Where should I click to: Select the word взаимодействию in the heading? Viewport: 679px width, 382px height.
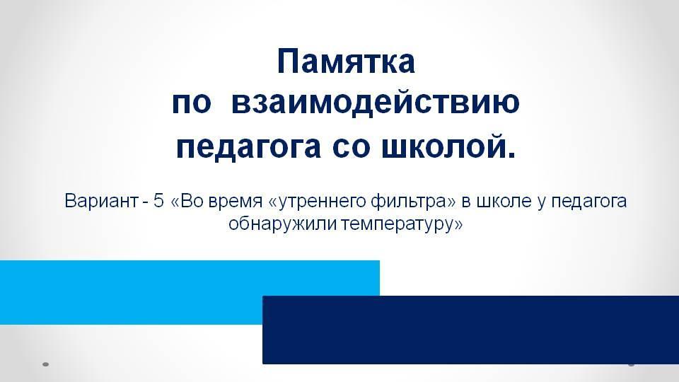click(376, 103)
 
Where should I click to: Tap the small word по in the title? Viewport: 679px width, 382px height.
click(192, 105)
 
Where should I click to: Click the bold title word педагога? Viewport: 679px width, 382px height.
click(248, 147)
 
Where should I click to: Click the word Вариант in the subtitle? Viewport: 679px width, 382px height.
click(101, 201)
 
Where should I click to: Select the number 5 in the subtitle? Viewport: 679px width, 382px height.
click(158, 201)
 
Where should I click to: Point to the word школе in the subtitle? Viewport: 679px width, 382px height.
click(504, 201)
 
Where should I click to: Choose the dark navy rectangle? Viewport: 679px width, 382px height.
click(471, 330)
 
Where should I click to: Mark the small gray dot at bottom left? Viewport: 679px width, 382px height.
click(45, 364)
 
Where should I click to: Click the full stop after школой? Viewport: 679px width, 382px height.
click(512, 155)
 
